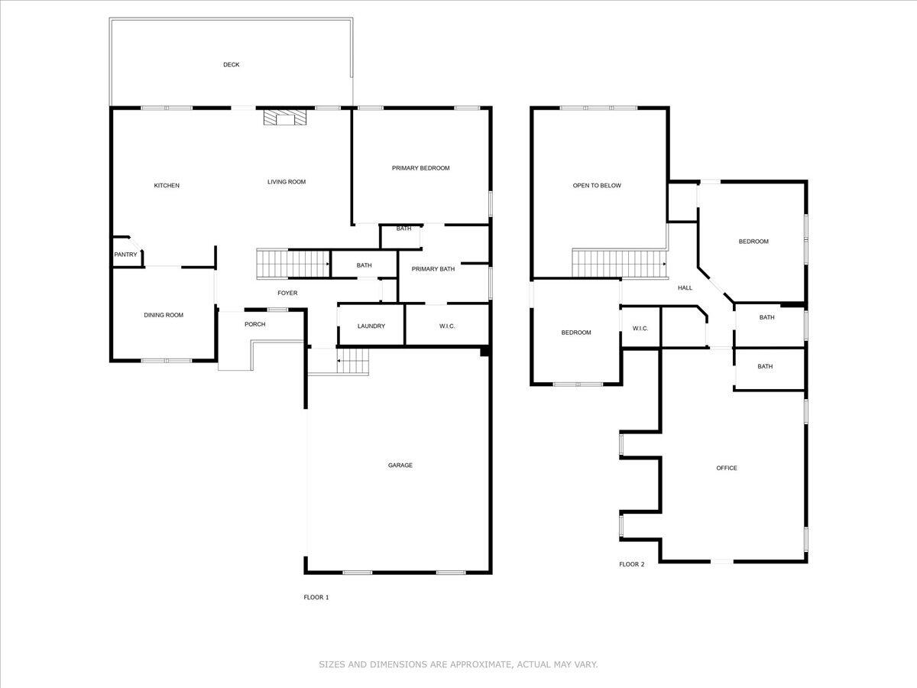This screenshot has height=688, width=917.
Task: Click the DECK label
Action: tap(231, 65)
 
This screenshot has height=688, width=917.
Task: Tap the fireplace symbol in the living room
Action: tap(284, 118)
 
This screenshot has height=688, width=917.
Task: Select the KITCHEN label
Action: tap(167, 186)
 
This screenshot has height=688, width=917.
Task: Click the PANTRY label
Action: tap(125, 255)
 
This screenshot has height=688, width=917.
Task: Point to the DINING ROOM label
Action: tap(164, 315)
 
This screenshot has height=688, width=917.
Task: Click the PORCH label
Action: tap(254, 324)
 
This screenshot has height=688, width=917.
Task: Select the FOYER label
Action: tap(287, 293)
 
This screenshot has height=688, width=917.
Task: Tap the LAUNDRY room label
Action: tap(371, 326)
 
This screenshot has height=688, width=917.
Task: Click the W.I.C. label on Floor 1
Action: tap(447, 326)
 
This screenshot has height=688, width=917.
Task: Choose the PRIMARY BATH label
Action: tap(433, 269)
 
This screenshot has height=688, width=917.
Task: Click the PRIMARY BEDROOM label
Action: tap(420, 168)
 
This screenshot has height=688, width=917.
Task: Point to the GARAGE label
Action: tap(400, 465)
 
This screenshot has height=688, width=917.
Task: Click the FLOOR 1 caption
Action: tap(316, 597)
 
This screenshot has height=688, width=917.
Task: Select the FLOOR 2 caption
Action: tap(631, 564)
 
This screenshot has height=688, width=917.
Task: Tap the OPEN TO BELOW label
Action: tap(597, 185)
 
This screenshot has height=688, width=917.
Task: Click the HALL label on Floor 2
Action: tap(685, 287)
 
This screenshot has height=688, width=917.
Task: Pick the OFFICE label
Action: tap(727, 468)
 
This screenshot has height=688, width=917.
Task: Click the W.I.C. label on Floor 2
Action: tap(640, 329)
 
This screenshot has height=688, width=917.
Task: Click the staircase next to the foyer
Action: tap(291, 264)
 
